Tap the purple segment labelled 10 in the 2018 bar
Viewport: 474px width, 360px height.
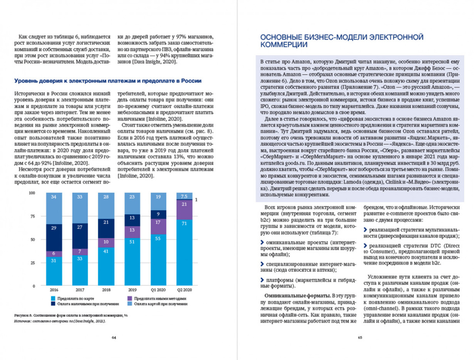pos(106,241)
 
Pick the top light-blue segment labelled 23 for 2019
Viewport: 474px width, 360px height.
pos(132,197)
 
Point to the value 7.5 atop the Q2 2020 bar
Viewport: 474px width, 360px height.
pos(184,196)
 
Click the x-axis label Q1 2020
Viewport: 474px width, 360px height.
pos(158,290)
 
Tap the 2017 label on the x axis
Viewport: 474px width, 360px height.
pos(79,290)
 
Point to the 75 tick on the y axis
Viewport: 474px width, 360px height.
pos(33,216)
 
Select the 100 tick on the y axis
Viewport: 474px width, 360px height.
pos(32,193)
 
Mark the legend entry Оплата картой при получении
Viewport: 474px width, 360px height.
pos(159,304)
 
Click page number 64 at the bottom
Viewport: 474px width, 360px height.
pos(114,337)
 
